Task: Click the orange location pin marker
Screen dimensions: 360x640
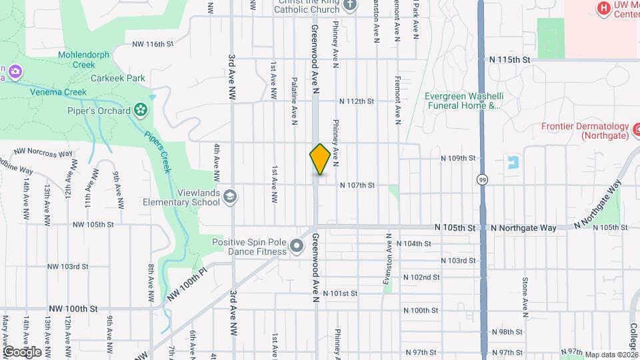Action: [x=320, y=159]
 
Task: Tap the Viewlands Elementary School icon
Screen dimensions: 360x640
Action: [x=230, y=196]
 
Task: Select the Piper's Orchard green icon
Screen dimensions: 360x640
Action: [x=141, y=109]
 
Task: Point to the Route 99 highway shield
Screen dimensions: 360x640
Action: [x=481, y=179]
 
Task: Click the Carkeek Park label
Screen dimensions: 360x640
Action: [x=118, y=78]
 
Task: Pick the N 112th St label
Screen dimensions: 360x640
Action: [x=357, y=101]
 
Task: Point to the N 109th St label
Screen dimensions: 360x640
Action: [x=458, y=159]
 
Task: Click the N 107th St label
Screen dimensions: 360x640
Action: [x=357, y=185]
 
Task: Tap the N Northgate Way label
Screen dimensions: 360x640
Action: [x=523, y=228]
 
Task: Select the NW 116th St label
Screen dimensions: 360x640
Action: [x=153, y=44]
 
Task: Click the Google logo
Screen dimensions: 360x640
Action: [x=22, y=351]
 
